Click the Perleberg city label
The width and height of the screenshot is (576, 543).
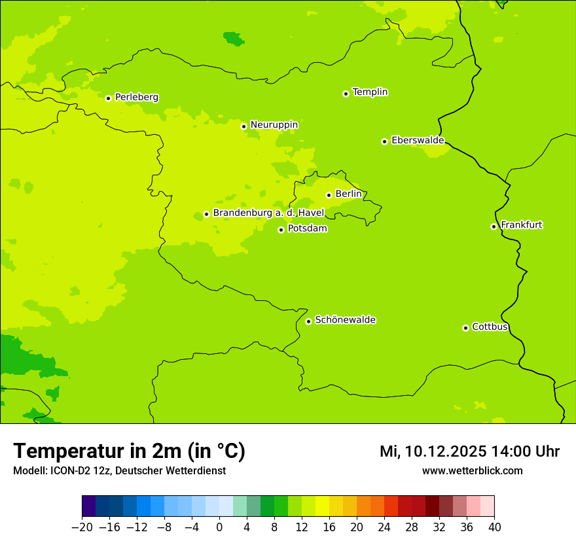pos(136,97)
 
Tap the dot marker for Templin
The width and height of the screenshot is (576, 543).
pos(346,94)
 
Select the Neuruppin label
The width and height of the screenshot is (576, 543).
pos(274,125)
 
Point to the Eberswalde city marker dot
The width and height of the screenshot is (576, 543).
pos(384,141)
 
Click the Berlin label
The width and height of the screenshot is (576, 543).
pos(348,194)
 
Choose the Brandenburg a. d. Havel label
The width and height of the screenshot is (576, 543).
pos(268,213)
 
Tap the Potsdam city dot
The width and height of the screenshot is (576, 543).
pos(281,230)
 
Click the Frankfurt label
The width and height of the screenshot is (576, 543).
pos(521,225)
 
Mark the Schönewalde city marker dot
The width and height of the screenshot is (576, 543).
pos(308,321)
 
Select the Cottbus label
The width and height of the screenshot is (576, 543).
pos(490,326)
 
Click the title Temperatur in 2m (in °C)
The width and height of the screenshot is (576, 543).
pos(129,451)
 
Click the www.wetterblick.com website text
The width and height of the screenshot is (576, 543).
pos(472,470)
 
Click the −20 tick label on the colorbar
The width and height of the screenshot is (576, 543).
pos(82,527)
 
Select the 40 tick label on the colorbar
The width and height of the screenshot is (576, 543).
pos(494,527)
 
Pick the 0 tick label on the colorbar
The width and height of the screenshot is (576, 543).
pos(219,527)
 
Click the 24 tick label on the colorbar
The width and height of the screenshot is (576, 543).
pos(384,527)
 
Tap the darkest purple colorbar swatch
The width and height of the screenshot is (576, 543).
pos(89,506)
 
